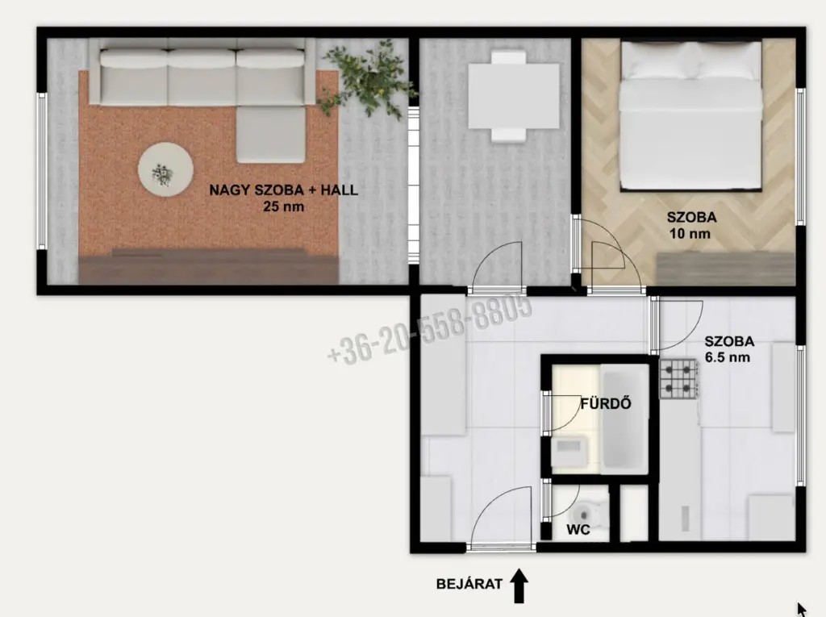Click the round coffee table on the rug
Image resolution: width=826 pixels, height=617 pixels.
point(165,169)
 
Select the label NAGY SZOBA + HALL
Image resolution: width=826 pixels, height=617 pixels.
point(283,190)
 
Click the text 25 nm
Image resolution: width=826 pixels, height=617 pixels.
point(283,206)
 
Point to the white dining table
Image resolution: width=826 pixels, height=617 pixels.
point(514,96)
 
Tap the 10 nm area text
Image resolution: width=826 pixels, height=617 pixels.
point(690,233)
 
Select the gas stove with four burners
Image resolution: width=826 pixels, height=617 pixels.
point(679,378)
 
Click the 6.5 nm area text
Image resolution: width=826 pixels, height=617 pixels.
point(728,357)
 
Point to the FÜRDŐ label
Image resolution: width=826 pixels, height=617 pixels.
point(606,403)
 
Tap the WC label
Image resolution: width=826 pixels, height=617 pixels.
point(578,530)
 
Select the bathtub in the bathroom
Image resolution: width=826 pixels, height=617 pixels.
point(625,419)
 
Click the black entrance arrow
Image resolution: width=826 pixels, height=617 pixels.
point(519,586)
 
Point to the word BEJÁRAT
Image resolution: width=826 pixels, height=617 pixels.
point(469,584)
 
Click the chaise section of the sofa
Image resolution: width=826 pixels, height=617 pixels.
point(271,134)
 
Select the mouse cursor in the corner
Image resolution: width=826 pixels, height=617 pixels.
point(801,610)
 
